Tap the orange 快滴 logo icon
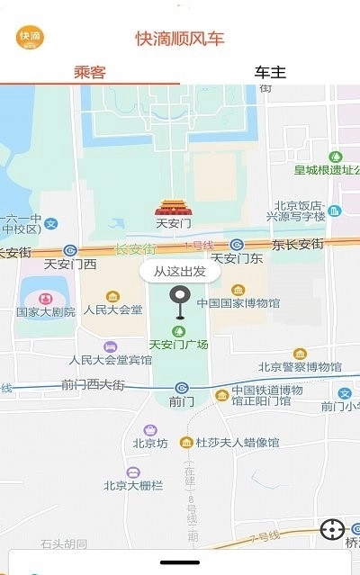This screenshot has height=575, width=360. tap(30, 36)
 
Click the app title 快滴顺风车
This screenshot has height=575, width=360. tap(180, 38)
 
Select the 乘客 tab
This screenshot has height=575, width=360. tap(90, 72)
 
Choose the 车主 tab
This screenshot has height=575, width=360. tap(270, 72)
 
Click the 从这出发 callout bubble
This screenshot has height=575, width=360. tap(180, 270)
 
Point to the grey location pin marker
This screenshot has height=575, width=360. tap(181, 300)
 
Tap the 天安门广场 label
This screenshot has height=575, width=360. tap(178, 344)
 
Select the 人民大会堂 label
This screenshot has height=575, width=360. tap(112, 310)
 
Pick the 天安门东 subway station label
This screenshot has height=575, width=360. tap(236, 258)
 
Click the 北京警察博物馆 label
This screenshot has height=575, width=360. tap(300, 366)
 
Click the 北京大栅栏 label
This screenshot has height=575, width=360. tap(133, 485)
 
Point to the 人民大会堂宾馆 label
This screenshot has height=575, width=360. tap(111, 360)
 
